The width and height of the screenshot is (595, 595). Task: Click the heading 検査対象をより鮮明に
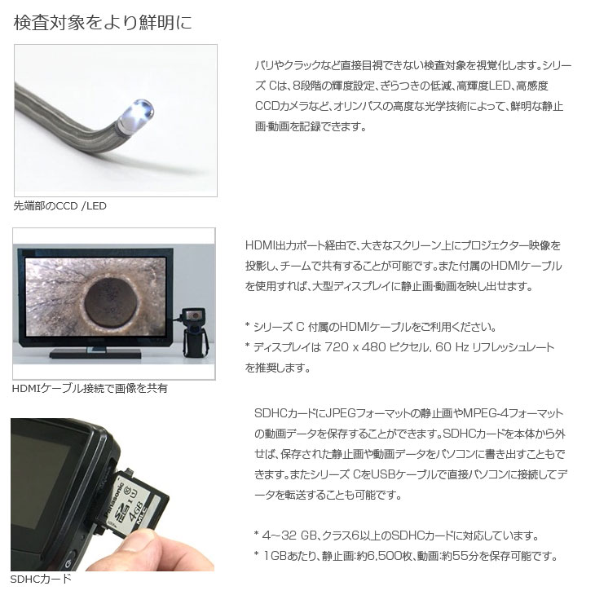(x=103, y=22)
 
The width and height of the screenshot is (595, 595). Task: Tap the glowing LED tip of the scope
(x=143, y=109)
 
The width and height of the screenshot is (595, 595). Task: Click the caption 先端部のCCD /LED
(x=60, y=206)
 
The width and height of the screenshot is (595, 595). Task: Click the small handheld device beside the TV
(x=196, y=332)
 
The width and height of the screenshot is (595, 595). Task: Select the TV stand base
(x=95, y=354)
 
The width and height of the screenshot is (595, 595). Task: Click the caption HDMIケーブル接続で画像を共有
(x=90, y=389)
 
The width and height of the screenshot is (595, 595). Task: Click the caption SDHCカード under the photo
(x=41, y=579)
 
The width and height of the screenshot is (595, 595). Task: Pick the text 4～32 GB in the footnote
(x=289, y=535)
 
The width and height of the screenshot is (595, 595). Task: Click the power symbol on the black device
(x=68, y=563)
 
